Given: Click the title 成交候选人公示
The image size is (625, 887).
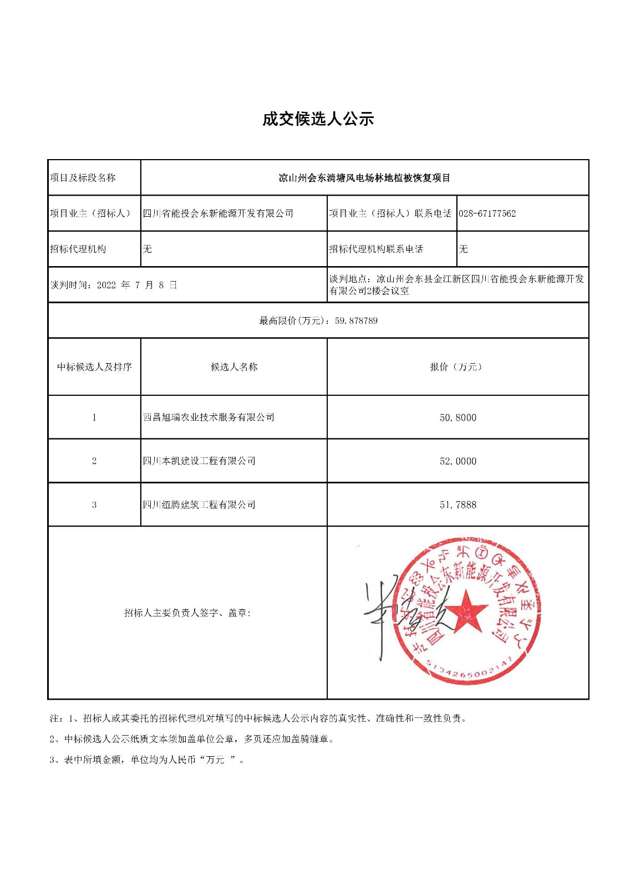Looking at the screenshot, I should coord(318,119).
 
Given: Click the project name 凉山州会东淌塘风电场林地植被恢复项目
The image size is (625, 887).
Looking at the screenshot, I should coord(364,178).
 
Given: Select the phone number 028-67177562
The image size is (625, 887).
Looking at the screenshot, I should coord(487,213).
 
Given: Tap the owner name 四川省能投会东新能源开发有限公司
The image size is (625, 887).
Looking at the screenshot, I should coord(218,213).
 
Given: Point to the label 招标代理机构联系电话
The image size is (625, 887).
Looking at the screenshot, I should coord(376,249).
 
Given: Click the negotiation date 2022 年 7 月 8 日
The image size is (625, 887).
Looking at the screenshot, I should coord(137,285).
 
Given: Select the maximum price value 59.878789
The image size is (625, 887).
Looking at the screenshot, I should coord(356,320).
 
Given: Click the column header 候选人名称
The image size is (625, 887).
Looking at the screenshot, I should coord(234,367).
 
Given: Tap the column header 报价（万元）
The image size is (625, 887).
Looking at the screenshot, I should coord(458,367).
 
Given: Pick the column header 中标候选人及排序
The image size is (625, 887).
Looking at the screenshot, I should coord(94,367).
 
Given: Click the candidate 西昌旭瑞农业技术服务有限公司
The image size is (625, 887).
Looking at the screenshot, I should coord(209,417).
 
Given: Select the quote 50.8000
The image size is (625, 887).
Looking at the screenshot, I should coord(458,417).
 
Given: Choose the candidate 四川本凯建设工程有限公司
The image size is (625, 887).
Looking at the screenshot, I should coord(199,461).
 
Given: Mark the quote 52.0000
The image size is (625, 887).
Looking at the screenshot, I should coord(458,461).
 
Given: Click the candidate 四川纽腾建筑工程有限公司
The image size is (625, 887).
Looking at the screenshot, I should coord(199,504).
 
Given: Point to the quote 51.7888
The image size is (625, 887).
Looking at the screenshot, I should coord(458,504).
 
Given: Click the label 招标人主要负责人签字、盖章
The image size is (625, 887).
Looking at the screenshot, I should coord(187,613).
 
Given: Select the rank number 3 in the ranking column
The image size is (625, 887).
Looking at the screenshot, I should coord(94,504).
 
